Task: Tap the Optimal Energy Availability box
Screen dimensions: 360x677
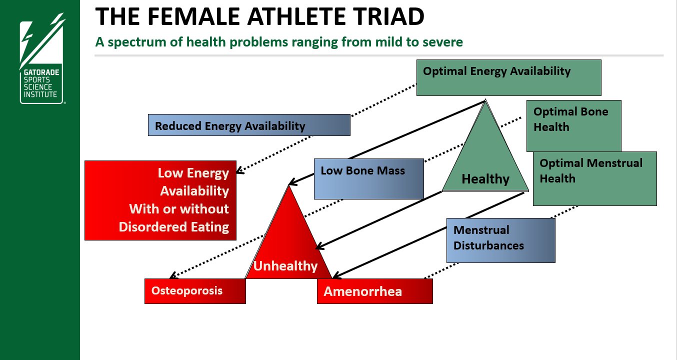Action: click(508, 77)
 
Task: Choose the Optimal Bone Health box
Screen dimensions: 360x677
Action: click(573, 125)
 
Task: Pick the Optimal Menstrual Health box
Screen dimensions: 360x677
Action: click(594, 178)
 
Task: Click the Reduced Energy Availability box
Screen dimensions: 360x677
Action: click(249, 125)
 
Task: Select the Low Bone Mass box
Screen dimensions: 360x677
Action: click(368, 178)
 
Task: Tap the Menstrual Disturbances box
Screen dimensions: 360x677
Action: click(500, 240)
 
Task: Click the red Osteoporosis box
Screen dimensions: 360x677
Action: click(195, 291)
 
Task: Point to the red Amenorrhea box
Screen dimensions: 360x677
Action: click(374, 291)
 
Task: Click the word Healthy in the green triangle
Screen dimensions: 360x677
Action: click(485, 178)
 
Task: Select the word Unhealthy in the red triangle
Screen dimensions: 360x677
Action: click(285, 265)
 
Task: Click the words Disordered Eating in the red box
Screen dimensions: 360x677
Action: click(173, 226)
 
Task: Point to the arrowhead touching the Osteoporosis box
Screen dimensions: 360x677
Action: click(172, 275)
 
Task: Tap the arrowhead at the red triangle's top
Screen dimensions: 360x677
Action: click(292, 182)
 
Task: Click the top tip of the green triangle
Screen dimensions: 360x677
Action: click(485, 101)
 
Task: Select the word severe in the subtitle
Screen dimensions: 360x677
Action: click(444, 42)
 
